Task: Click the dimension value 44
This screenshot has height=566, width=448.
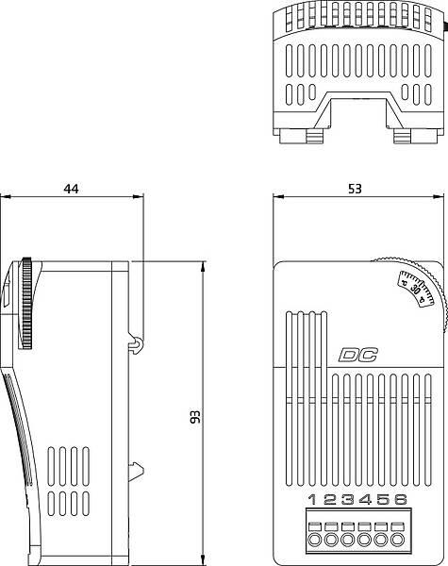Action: pyautogui.click(x=71, y=189)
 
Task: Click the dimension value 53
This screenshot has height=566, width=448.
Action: pyautogui.click(x=354, y=189)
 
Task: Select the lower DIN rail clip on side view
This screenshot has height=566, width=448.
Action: pyautogui.click(x=139, y=469)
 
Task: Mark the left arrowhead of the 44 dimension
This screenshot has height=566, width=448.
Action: pyautogui.click(x=6, y=197)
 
